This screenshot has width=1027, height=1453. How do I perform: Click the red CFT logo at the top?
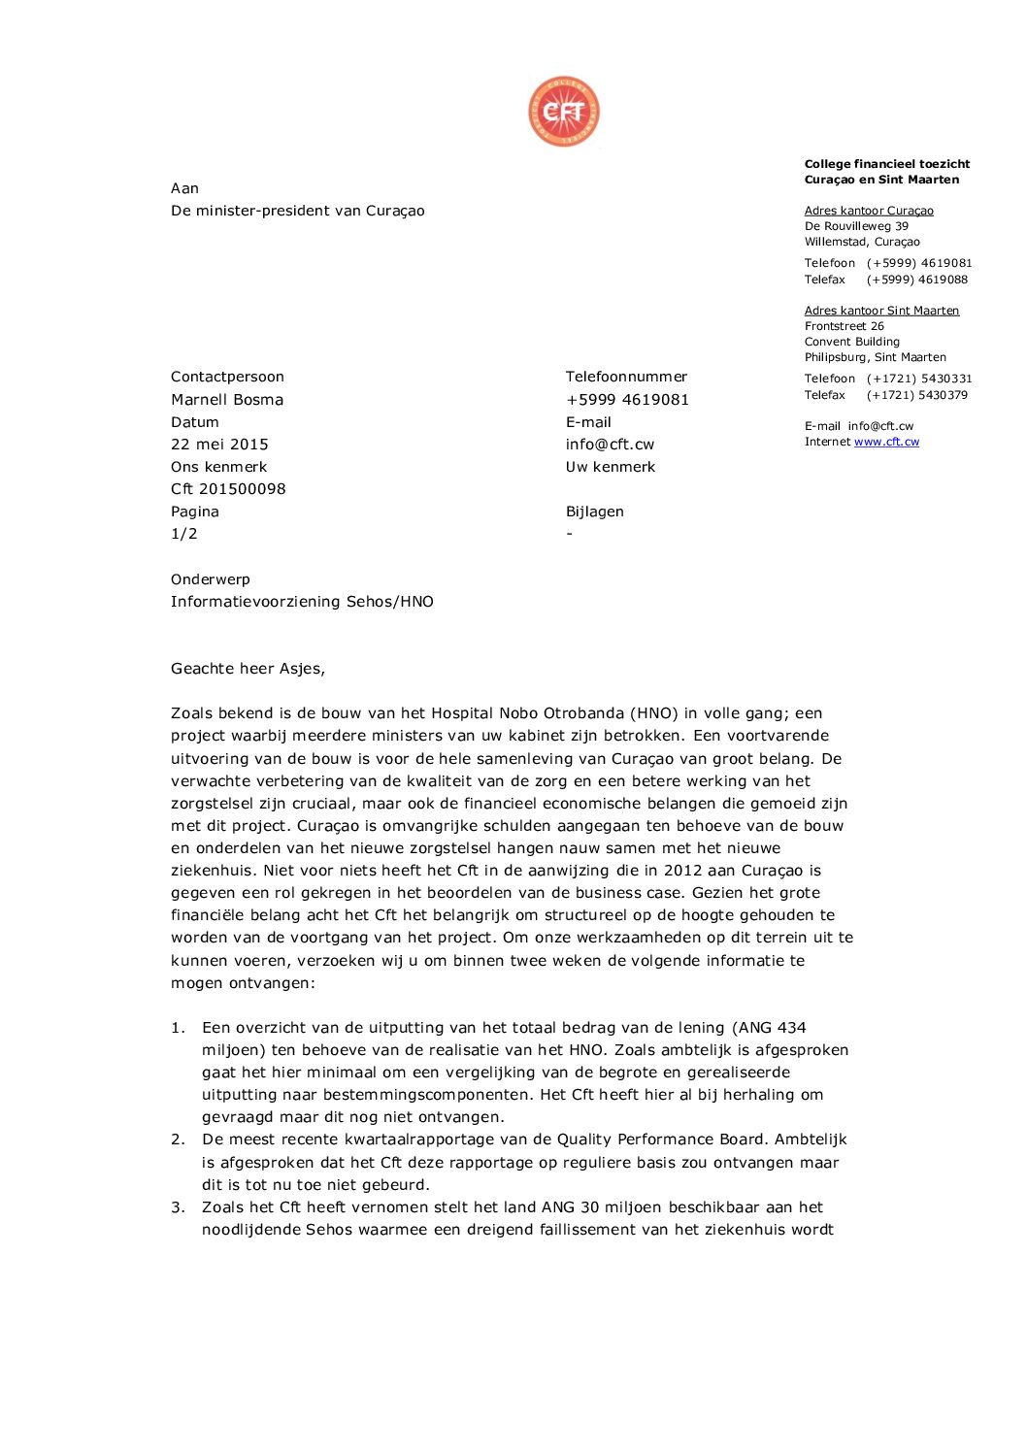[x=564, y=112]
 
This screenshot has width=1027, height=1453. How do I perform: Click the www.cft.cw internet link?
[x=886, y=442]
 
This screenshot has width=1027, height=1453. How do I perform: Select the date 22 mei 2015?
[x=219, y=445]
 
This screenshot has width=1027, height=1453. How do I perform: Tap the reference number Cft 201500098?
[x=228, y=489]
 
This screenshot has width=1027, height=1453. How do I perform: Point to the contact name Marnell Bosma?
[x=227, y=400]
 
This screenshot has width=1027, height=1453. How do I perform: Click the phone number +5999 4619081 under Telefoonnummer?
[x=627, y=400]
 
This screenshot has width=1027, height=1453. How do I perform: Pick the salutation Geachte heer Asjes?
[x=248, y=669]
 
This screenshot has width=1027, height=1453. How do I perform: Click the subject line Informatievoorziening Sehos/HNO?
[x=302, y=602]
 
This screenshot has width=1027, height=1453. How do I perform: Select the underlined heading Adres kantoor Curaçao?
[x=869, y=211]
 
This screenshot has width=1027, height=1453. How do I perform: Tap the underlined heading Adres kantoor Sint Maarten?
[x=881, y=311]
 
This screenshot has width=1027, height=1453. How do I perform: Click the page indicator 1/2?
[x=184, y=534]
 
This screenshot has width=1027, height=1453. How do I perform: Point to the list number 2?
[x=178, y=1139]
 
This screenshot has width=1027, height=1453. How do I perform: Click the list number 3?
[x=178, y=1207]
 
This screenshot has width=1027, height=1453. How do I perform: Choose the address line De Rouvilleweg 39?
[x=856, y=226]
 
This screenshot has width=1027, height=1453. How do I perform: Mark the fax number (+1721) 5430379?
[x=916, y=395]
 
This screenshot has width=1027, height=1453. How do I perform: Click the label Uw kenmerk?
[x=611, y=467]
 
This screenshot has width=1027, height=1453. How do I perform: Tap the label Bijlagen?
[x=595, y=512]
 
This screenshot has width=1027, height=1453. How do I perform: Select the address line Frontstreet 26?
[x=845, y=326]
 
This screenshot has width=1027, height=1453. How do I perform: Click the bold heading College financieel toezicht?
[x=887, y=164]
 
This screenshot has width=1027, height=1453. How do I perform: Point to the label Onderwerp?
[x=211, y=579]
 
